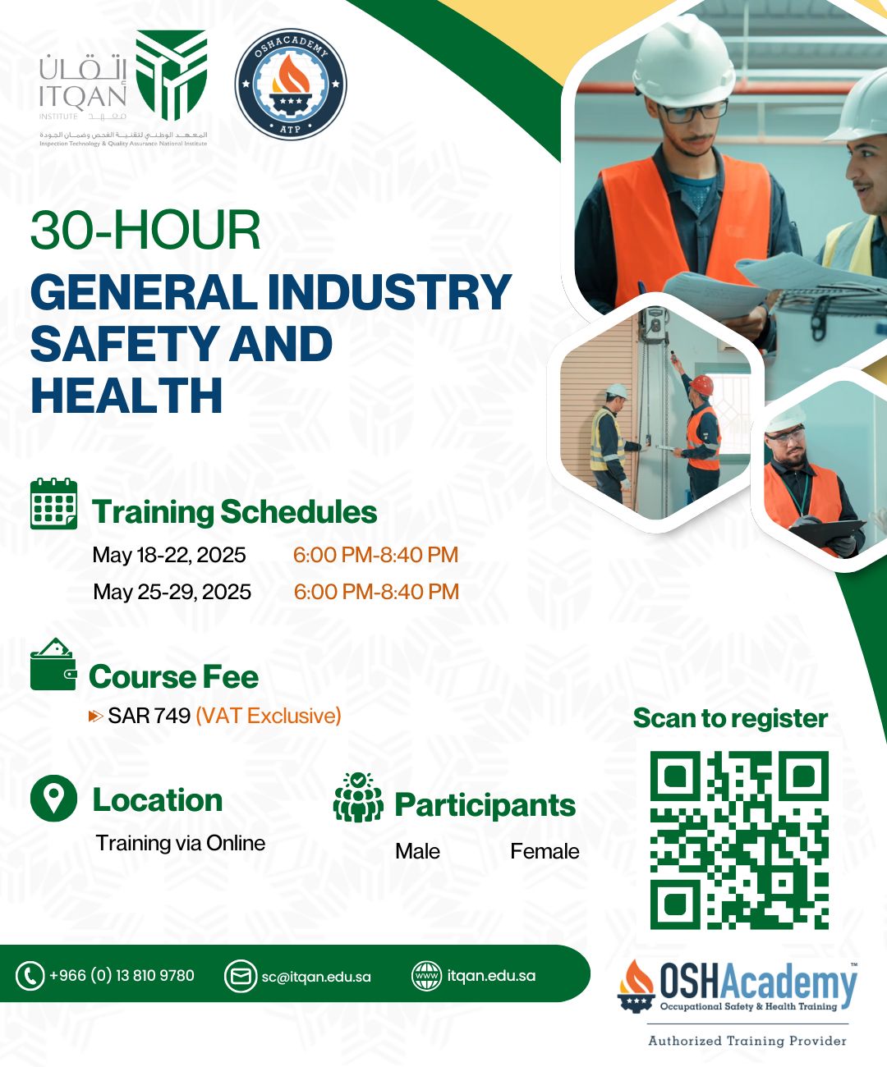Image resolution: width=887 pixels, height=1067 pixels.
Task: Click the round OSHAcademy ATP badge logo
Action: click(x=291, y=85)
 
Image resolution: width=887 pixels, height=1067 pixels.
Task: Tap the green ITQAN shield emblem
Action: click(x=172, y=75)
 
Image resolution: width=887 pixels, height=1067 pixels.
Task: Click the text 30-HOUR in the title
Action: click(x=145, y=230)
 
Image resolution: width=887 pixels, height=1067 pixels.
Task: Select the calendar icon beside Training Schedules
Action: click(x=53, y=503)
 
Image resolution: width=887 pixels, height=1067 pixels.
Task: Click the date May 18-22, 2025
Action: click(x=168, y=555)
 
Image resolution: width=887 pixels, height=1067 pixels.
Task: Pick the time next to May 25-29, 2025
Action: click(x=376, y=592)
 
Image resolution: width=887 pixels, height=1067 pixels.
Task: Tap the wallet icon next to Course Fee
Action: click(x=53, y=664)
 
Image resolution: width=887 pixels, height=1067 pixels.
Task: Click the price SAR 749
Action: click(x=149, y=716)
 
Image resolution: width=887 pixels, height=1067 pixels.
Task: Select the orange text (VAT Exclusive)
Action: click(x=269, y=716)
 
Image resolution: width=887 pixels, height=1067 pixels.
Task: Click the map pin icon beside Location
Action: click(x=53, y=798)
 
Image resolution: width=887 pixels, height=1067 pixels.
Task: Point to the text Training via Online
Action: click(x=181, y=843)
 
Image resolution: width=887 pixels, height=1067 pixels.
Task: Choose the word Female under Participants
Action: click(x=545, y=851)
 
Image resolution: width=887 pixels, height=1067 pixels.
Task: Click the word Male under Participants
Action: click(x=417, y=851)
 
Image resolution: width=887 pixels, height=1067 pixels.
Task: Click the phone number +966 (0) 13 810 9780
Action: click(x=122, y=975)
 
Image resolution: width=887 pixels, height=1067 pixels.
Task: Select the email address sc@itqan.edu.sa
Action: click(x=316, y=977)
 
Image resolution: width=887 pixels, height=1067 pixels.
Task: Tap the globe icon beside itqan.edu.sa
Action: click(x=426, y=976)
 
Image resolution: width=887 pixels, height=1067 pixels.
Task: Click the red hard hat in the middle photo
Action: click(x=701, y=385)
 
